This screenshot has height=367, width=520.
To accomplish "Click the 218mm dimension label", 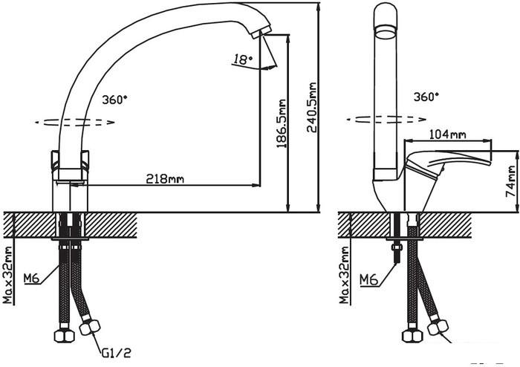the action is [x=165, y=179].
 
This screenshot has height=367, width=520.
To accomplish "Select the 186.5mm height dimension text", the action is [x=282, y=123].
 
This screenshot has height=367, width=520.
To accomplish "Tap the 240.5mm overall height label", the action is [x=312, y=108].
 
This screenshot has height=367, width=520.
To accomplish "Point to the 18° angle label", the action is [x=243, y=59].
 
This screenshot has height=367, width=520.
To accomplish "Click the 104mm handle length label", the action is [x=447, y=134].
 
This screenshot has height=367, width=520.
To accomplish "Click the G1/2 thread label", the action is [x=116, y=353].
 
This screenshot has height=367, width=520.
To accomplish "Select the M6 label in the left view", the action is [x=32, y=278].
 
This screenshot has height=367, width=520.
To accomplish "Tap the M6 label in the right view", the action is [x=368, y=279].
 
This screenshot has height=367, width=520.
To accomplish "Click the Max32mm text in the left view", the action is [x=8, y=275].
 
